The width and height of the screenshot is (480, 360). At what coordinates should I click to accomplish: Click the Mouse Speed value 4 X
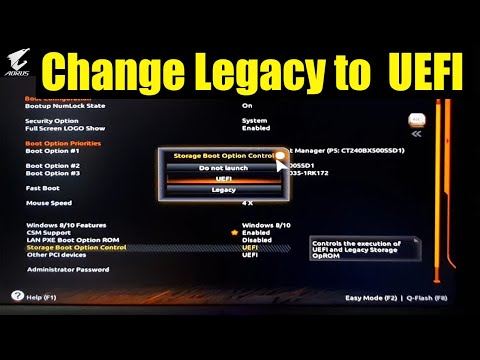coord(249,203)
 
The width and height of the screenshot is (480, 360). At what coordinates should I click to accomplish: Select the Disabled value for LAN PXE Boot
coord(256,240)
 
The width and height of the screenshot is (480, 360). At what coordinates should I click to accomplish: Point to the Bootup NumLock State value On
coord(247,105)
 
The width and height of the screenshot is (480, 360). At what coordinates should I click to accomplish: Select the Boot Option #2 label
coord(53,166)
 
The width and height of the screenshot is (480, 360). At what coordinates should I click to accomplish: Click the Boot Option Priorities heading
coord(62,143)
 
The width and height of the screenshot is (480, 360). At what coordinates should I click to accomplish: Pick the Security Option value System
coord(254,121)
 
